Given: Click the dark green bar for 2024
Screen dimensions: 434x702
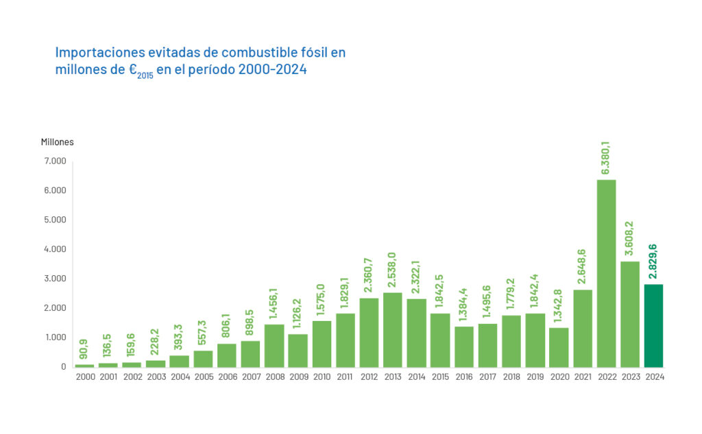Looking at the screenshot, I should [x=653, y=326].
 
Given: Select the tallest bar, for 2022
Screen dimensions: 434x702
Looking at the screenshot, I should [x=606, y=274].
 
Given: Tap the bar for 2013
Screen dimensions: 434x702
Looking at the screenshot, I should [x=393, y=330].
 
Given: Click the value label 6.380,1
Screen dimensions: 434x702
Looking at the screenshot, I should [x=606, y=158].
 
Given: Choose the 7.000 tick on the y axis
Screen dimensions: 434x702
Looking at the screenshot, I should [x=56, y=161].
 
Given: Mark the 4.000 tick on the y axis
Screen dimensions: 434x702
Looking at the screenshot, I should [x=56, y=249].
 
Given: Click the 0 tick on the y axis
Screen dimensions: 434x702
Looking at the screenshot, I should [x=63, y=367].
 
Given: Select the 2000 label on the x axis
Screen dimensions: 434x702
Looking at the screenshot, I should [x=85, y=377].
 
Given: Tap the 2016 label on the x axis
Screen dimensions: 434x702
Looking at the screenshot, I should [x=464, y=377].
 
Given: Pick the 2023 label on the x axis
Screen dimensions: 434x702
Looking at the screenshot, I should [x=630, y=377].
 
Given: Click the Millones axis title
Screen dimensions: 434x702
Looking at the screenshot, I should [x=57, y=142].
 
